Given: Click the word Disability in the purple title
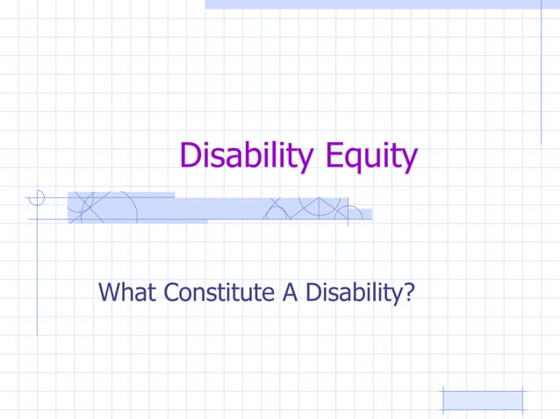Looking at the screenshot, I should [246, 157].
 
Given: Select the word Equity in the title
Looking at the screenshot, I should [369, 158].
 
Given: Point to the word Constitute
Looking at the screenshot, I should [221, 291].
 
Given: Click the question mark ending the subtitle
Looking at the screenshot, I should [407, 291].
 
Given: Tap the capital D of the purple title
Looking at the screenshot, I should [190, 156].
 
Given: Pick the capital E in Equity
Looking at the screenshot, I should [331, 156].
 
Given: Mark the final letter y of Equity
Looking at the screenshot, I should [409, 161].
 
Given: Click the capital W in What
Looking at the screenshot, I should [112, 291].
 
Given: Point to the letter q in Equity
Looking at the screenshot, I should [350, 160].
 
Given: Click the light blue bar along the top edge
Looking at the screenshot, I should [382, 4].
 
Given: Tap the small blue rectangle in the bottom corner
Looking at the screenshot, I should [482, 400].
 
